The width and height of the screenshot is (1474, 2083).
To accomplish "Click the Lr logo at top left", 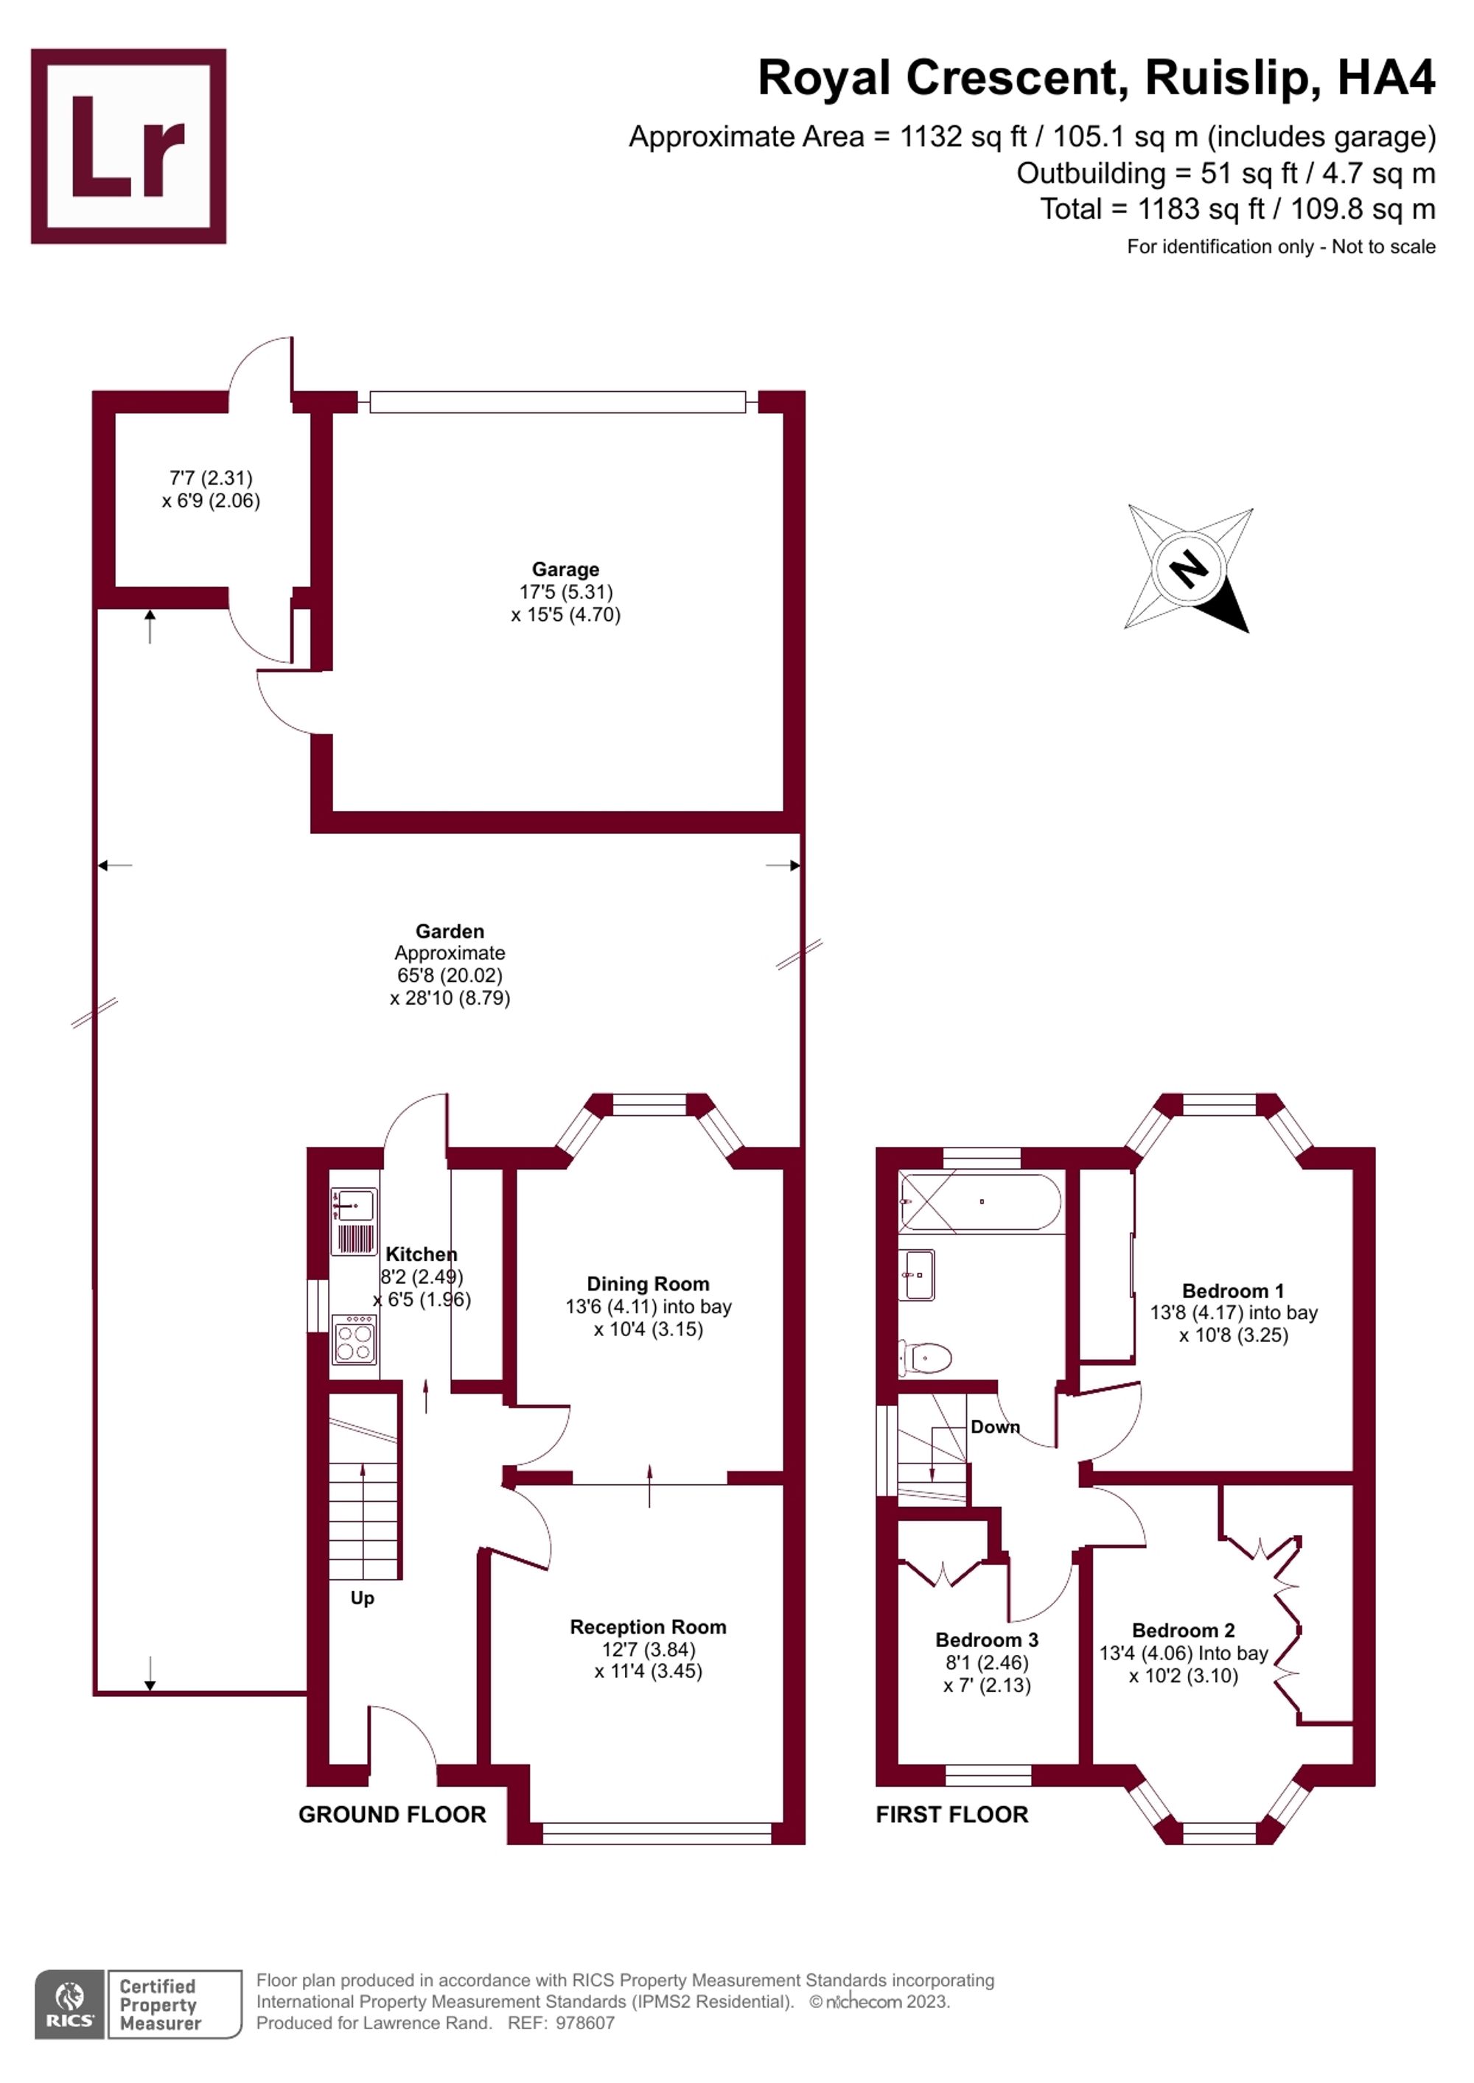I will pyautogui.click(x=128, y=146).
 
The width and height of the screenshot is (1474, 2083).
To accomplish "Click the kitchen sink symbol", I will pyautogui.click(x=353, y=1206).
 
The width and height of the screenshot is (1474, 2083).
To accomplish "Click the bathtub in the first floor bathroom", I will pyautogui.click(x=979, y=1202).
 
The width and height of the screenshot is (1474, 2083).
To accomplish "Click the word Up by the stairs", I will pyautogui.click(x=362, y=1598).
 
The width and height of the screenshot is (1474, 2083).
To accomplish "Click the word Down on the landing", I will pyautogui.click(x=995, y=1427).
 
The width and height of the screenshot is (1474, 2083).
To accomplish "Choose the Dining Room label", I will pyautogui.click(x=647, y=1284).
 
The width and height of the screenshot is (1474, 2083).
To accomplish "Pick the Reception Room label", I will pyautogui.click(x=647, y=1626).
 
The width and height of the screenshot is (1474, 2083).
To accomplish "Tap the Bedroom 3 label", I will pyautogui.click(x=987, y=1640).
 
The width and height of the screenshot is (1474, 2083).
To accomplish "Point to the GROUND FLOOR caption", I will pyautogui.click(x=392, y=1813).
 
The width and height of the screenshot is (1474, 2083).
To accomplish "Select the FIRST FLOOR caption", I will pyautogui.click(x=951, y=1813).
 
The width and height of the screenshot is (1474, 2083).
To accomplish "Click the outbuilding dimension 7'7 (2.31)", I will pyautogui.click(x=211, y=477).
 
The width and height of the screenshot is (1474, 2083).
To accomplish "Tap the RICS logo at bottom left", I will pyautogui.click(x=70, y=2003).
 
